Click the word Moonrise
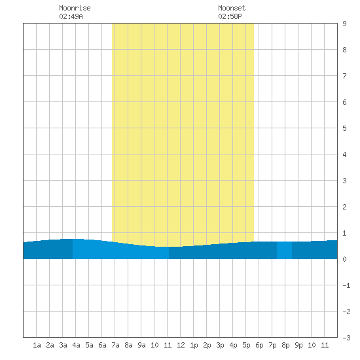coord(75,8)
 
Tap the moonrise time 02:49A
coord(71,16)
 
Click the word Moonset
coord(232,8)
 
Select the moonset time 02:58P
coord(230,16)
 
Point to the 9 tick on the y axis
coord(344,24)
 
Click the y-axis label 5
coord(344,128)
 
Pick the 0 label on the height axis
coord(344,259)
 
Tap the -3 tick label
coord(346,338)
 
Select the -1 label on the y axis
coord(346,285)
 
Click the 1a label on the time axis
coord(37,345)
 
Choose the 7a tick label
coord(115,345)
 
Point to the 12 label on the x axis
coord(181,345)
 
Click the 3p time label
coord(220,345)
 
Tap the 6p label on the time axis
coord(259,345)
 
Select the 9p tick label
coord(298,345)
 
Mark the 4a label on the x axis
coord(76,345)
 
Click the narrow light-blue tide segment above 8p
coord(284,250)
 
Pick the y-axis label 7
coord(344,76)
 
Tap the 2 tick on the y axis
coord(344,207)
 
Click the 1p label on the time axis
coord(194,345)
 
